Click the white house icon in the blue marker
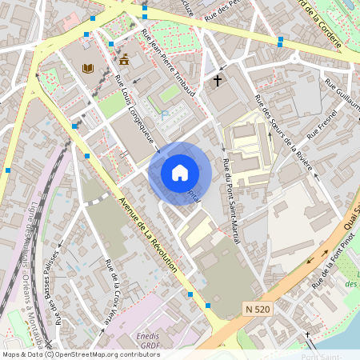pos(179,172)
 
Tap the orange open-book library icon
pos(88,69)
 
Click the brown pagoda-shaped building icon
pos(124,59)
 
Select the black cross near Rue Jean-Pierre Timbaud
pos(217,80)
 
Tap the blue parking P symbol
pos(166,115)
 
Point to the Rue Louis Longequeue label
pos(137,114)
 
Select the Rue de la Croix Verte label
pos(111,291)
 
